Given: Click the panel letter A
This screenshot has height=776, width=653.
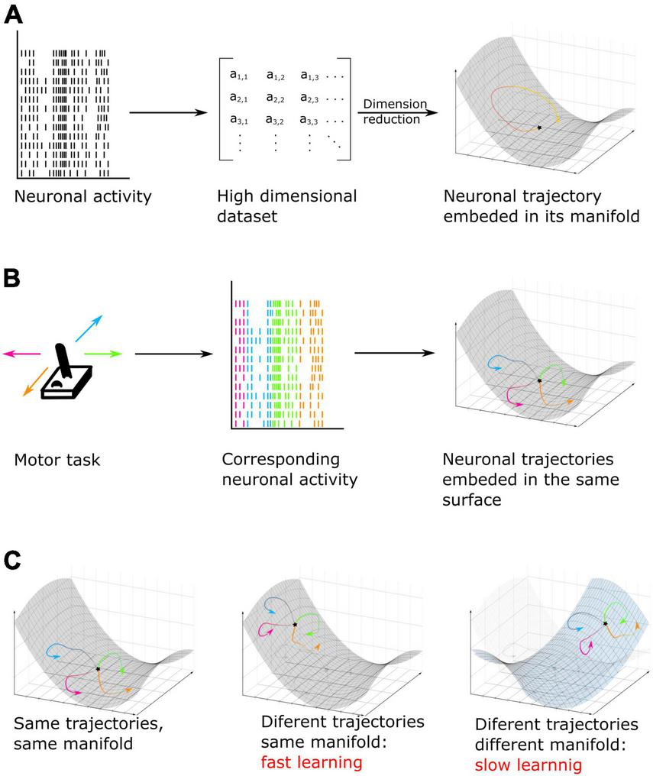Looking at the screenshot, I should (x=13, y=16).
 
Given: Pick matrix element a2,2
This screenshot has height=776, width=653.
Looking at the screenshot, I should (x=276, y=98).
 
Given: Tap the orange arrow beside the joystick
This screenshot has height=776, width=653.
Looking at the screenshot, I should (x=31, y=383).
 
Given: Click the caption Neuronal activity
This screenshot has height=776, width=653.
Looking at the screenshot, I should (x=82, y=196).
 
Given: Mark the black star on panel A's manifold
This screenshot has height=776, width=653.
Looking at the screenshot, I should (x=539, y=128).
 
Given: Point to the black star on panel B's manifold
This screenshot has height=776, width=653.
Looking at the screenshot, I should (x=539, y=380).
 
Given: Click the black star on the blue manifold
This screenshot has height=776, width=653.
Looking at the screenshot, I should (x=605, y=624).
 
